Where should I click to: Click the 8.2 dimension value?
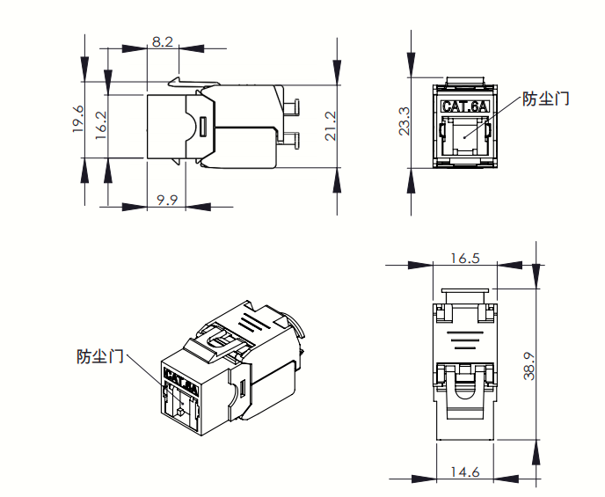coord(163,41)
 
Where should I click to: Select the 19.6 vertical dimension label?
coord(78,119)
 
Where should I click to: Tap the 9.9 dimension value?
coord(167,200)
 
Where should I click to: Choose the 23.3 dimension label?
coord(404,122)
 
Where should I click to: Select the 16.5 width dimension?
coord(464,258)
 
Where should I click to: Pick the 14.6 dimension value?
coord(465,471)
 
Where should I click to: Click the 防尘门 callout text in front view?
coord(546,99)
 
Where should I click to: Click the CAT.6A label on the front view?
coord(464,106)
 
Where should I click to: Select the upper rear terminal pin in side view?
coord(291,108)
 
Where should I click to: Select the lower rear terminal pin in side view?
coord(291,138)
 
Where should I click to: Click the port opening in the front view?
coord(464,135)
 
